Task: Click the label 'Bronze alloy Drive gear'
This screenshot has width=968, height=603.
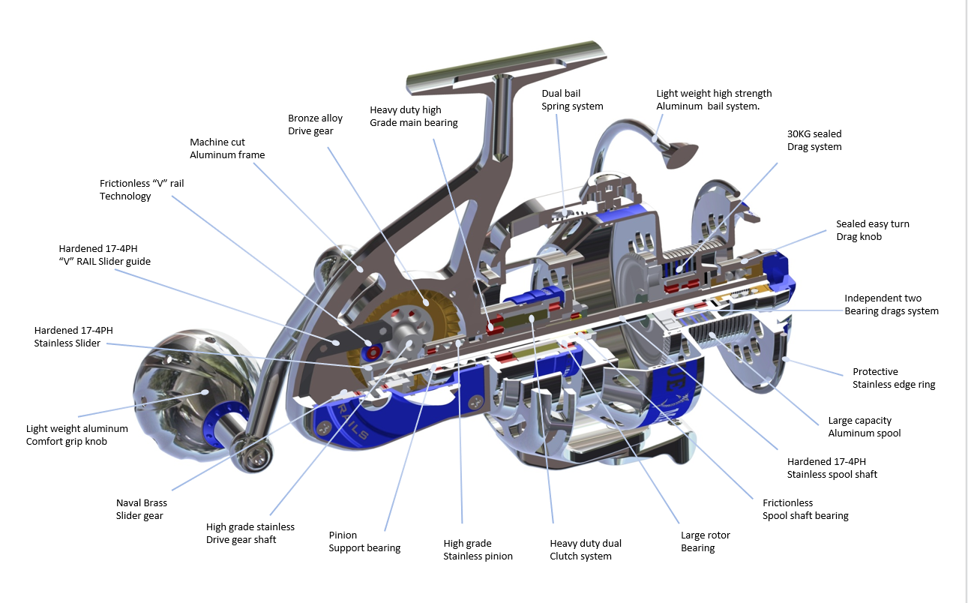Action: [x=315, y=124]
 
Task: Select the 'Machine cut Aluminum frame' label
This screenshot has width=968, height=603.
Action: [x=227, y=148]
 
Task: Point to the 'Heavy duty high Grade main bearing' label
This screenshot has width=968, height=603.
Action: [x=413, y=116]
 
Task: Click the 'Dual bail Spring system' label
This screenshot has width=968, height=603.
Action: [x=572, y=100]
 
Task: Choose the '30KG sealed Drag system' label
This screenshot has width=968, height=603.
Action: [x=814, y=140]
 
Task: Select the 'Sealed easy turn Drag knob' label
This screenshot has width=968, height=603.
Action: [x=872, y=230]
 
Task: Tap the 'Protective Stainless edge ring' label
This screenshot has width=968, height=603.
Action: [x=893, y=378]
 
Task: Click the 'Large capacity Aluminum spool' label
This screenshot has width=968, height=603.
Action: [x=864, y=427]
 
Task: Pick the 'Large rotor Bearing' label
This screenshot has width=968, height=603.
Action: [x=705, y=541]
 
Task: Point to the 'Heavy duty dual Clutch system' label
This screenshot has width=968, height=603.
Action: [x=585, y=550]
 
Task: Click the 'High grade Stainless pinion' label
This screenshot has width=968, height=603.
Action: [x=478, y=550]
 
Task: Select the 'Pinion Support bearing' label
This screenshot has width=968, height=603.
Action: [x=364, y=541]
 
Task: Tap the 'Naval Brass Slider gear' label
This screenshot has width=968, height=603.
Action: [x=141, y=509]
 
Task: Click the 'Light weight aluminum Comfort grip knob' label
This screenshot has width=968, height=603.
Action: [x=76, y=435]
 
